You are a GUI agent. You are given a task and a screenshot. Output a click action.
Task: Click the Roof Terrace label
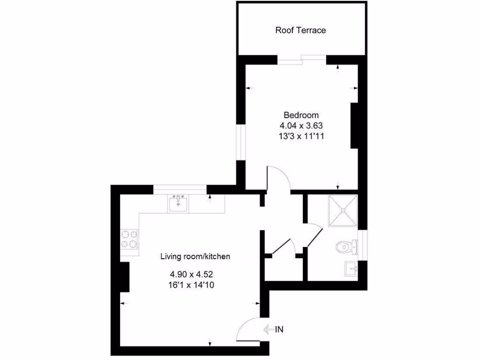click(x=300, y=30)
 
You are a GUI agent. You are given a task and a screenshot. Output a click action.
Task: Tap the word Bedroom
click(x=301, y=115)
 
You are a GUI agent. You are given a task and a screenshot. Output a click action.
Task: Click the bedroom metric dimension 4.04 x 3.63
click(x=301, y=126)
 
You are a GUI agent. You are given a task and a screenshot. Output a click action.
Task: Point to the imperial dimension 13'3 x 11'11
click(x=301, y=136)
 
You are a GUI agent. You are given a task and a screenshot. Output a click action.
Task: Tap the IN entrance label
click(x=279, y=329)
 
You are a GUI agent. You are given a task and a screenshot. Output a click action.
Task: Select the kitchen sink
click(x=178, y=204)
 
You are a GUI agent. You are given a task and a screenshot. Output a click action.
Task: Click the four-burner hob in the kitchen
click(x=130, y=239)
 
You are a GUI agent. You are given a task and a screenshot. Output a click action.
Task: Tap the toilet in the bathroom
click(x=345, y=246)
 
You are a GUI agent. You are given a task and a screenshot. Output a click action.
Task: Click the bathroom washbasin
click(x=351, y=269)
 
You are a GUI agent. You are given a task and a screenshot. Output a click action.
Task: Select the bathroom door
click(x=315, y=237)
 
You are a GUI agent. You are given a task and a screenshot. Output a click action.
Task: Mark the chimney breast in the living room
click(x=125, y=277)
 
